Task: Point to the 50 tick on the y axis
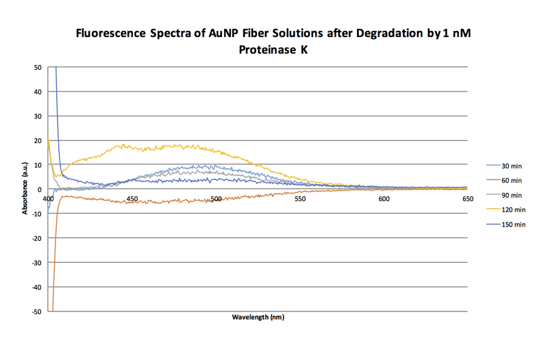pyautogui.click(x=37, y=67)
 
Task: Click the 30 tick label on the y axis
pyautogui.click(x=37, y=116)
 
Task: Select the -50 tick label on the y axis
pyautogui.click(x=36, y=311)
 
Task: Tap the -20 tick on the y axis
pyautogui.click(x=36, y=238)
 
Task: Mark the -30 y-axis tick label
pyautogui.click(x=36, y=263)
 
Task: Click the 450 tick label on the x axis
pyautogui.click(x=132, y=199)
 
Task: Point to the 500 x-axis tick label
pyautogui.click(x=216, y=199)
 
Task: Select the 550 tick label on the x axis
pyautogui.click(x=300, y=199)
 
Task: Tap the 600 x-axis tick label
pyautogui.click(x=384, y=199)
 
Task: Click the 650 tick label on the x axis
pyautogui.click(x=468, y=199)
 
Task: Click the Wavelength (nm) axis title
pyautogui.click(x=258, y=318)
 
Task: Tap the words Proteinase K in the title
pyautogui.click(x=273, y=50)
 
